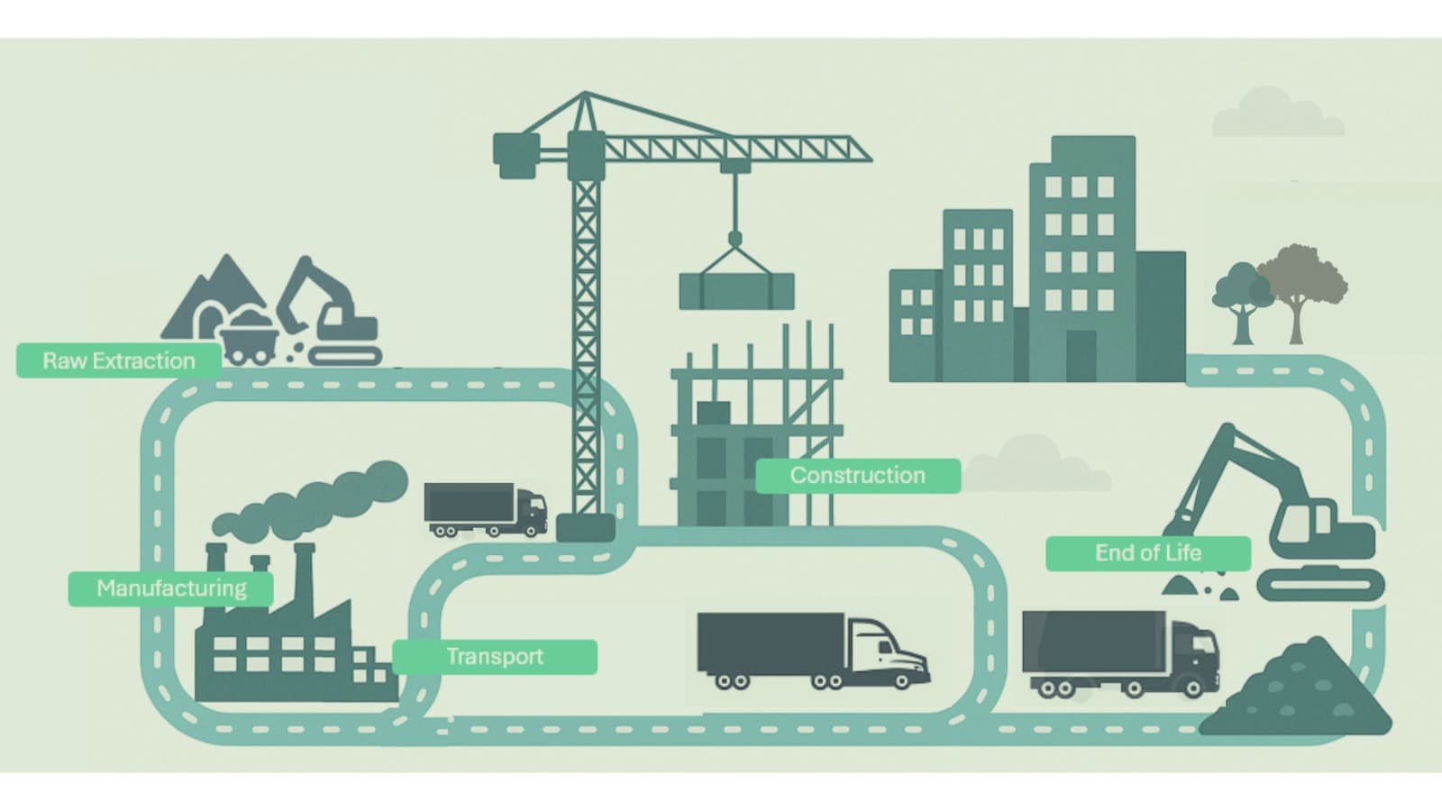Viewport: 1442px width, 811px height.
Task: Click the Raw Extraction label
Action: pyautogui.click(x=118, y=360)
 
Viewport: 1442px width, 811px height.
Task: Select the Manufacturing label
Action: pyautogui.click(x=171, y=588)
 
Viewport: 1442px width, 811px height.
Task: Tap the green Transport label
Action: pyautogui.click(x=495, y=656)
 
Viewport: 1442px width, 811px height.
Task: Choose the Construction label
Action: pyautogui.click(x=857, y=475)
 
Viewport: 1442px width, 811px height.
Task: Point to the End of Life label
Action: pyautogui.click(x=1147, y=552)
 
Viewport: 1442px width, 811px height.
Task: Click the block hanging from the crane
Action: pyautogui.click(x=736, y=291)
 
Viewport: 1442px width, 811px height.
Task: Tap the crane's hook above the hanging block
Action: pyautogui.click(x=735, y=239)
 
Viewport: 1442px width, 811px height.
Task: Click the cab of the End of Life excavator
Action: pyautogui.click(x=1311, y=523)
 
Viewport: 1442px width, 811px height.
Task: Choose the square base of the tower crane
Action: pyautogui.click(x=586, y=527)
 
